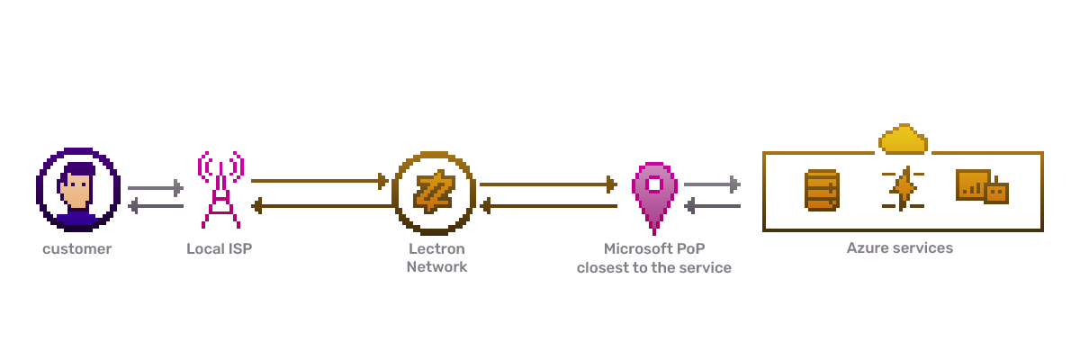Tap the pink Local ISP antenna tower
(x=220, y=190)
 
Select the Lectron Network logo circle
(x=433, y=192)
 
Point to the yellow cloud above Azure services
(x=903, y=139)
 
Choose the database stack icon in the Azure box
(x=822, y=191)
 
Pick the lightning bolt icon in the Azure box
(x=903, y=189)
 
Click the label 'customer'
(x=77, y=248)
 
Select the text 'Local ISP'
(x=220, y=248)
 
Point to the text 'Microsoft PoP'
(x=653, y=248)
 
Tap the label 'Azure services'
(x=899, y=247)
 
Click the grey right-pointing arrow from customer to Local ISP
(x=155, y=188)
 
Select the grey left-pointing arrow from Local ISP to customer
(x=155, y=206)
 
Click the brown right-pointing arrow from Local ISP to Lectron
(x=319, y=181)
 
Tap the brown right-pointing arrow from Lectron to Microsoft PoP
(x=548, y=184)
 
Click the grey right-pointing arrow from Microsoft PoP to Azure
(x=712, y=184)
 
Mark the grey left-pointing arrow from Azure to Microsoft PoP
(x=712, y=206)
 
